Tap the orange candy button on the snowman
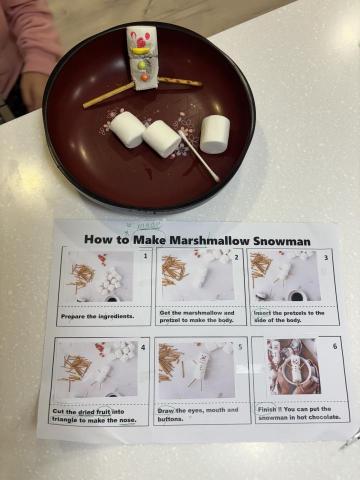[143, 66]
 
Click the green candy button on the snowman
[143, 76]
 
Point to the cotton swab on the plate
[198, 154]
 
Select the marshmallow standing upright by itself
[214, 133]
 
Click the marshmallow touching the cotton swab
[161, 138]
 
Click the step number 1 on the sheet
[144, 256]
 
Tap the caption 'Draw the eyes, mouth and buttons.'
[199, 413]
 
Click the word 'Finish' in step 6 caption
[273, 406]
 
